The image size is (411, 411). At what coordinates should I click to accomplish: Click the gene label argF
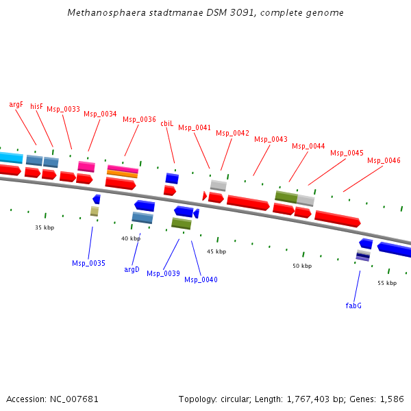tap(16, 105)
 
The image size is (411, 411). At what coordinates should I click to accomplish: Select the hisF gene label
tap(36, 107)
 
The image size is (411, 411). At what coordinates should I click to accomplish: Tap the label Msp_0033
tap(63, 110)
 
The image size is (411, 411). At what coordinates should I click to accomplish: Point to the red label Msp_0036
tap(139, 119)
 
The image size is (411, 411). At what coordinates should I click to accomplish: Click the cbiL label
tap(167, 123)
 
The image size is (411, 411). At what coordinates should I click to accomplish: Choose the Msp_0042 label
tap(232, 133)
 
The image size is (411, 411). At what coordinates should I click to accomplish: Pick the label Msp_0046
tap(384, 160)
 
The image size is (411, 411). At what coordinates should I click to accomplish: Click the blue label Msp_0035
tap(88, 263)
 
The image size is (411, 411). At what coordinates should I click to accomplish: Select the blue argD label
tap(132, 269)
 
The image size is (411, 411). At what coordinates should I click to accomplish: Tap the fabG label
tap(353, 306)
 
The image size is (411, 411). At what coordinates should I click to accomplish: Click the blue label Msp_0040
tap(201, 279)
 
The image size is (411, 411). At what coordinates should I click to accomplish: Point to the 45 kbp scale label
tap(216, 252)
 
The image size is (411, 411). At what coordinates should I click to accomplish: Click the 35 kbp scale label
tap(45, 227)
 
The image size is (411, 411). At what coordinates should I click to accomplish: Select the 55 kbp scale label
tap(387, 283)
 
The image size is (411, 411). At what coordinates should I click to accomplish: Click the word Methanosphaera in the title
tap(101, 13)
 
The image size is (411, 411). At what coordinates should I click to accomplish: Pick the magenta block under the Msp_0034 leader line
tap(86, 166)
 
